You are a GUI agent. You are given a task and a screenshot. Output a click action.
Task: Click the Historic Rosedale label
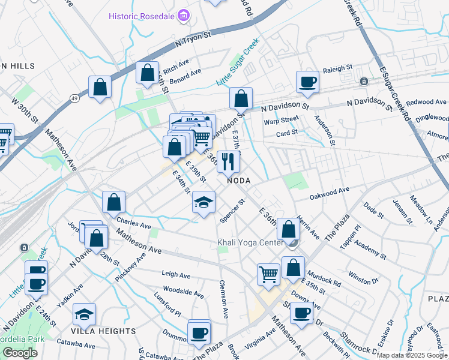click(142, 16)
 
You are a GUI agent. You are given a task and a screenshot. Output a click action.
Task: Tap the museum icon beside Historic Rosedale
click(184, 15)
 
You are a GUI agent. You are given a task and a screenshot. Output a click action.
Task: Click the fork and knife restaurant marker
click(228, 161)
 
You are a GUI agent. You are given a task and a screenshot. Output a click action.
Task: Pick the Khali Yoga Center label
click(250, 243)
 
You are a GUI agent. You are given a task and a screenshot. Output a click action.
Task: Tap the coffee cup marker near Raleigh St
click(308, 82)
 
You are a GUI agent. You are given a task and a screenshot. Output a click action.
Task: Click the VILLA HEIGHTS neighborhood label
click(103, 331)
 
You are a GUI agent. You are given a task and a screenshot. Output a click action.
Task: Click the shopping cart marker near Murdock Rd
click(268, 274)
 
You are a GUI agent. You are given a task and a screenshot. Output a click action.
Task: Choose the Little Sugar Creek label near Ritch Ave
click(237, 62)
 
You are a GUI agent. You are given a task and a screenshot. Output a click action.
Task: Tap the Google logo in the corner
click(20, 353)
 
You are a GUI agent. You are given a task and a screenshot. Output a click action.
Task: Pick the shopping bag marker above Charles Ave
click(113, 203)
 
